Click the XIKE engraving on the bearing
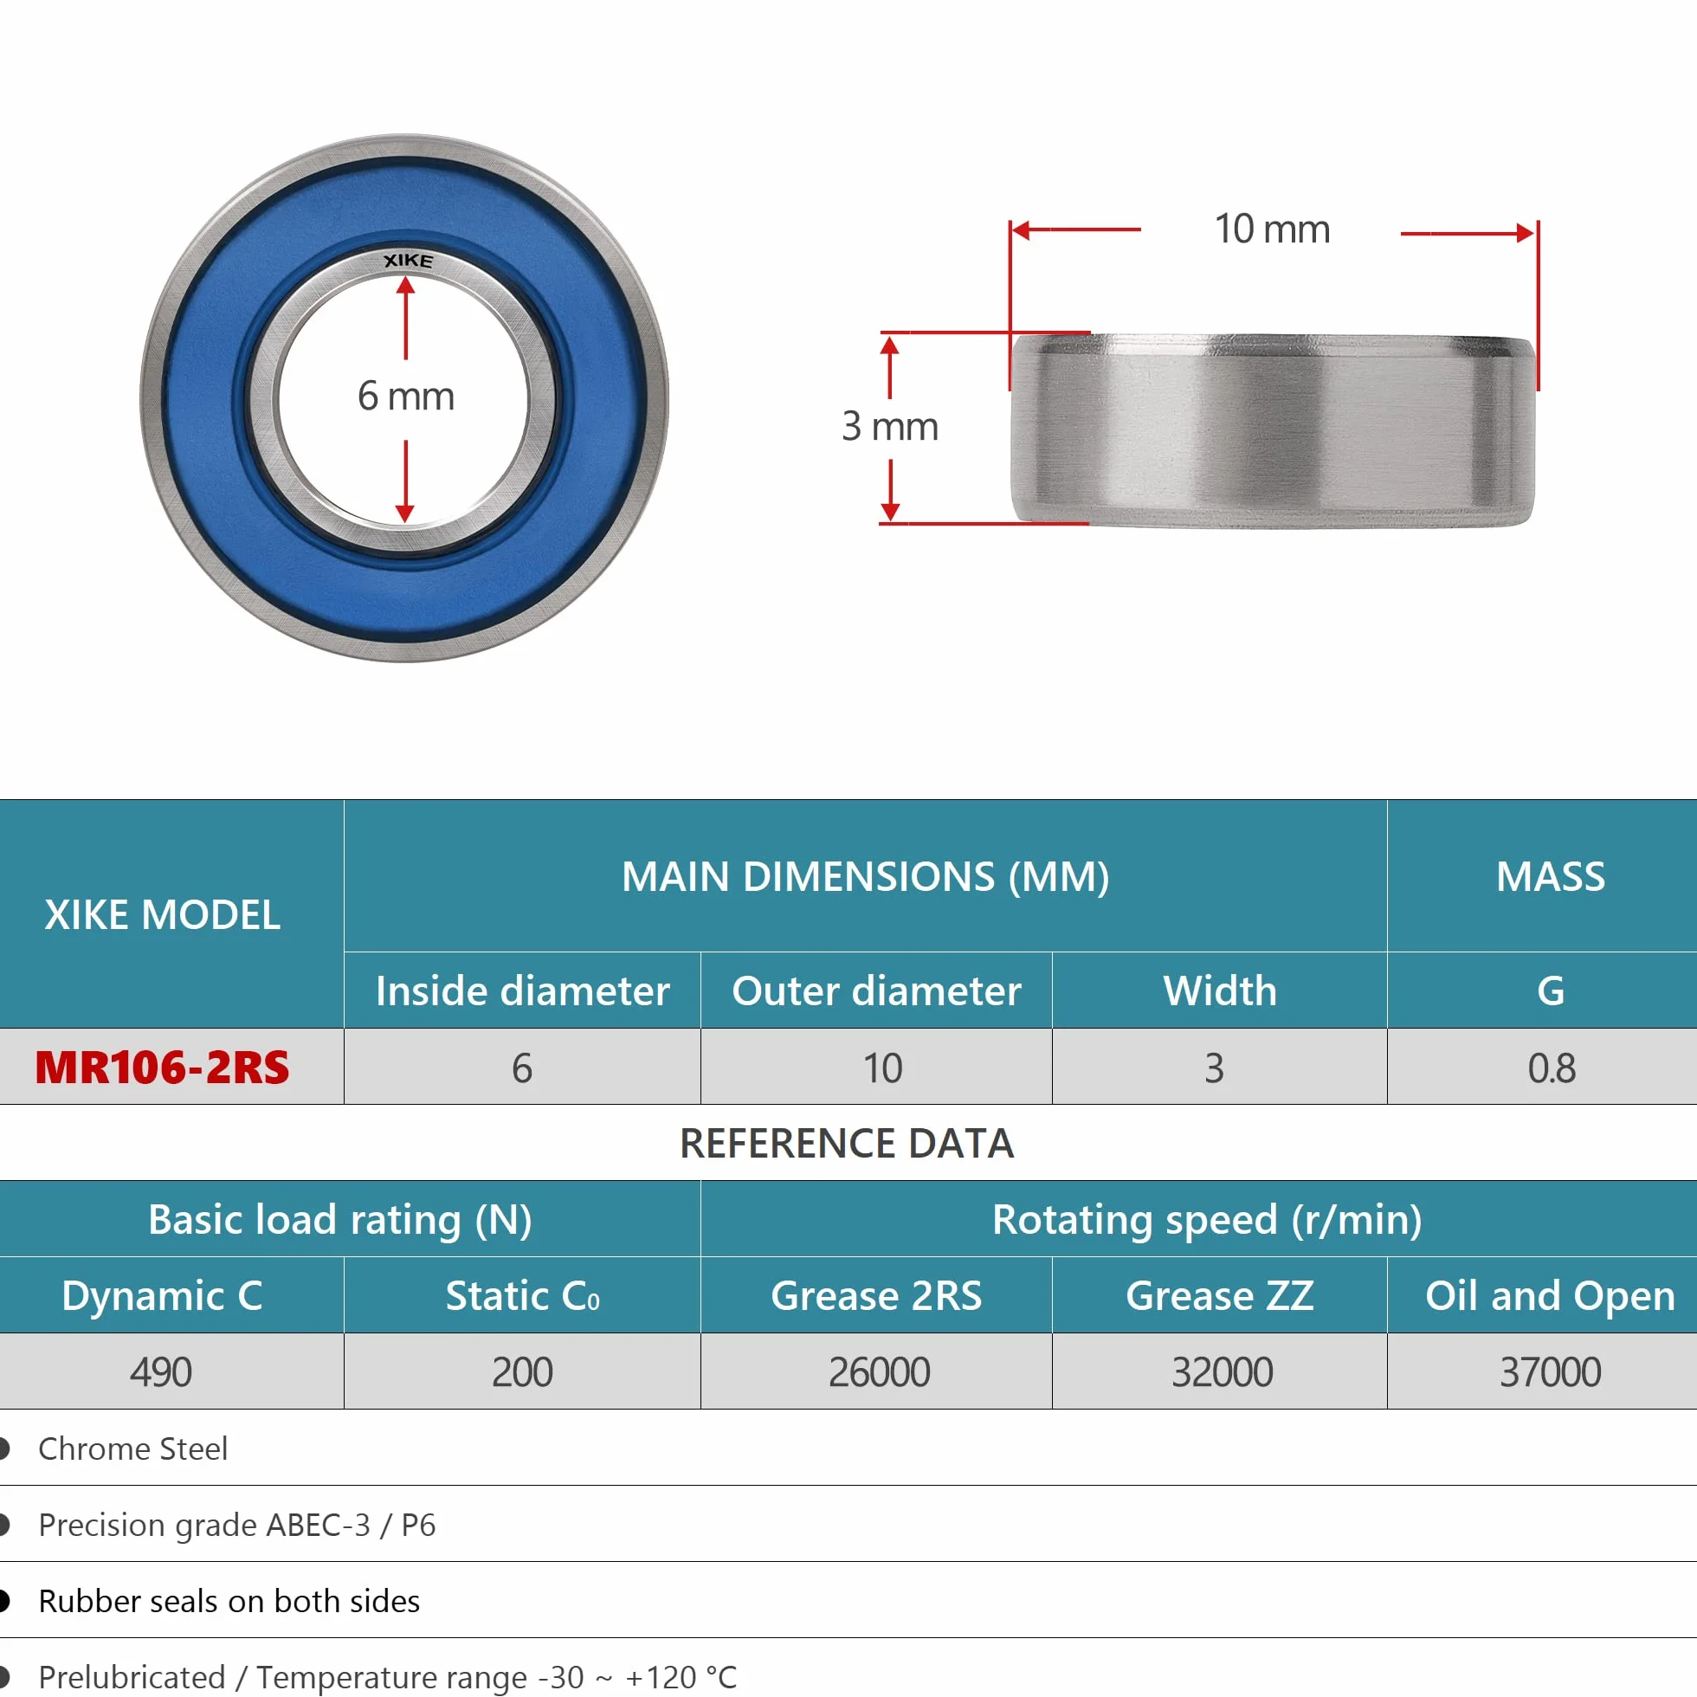[x=409, y=261]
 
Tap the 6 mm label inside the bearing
[x=406, y=397]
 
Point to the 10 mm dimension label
[x=1272, y=229]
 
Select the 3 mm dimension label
[x=890, y=427]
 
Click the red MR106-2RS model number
[x=163, y=1068]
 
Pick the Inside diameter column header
[x=523, y=990]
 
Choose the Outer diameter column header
[x=876, y=990]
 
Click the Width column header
[x=1220, y=990]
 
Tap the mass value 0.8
[x=1552, y=1068]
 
